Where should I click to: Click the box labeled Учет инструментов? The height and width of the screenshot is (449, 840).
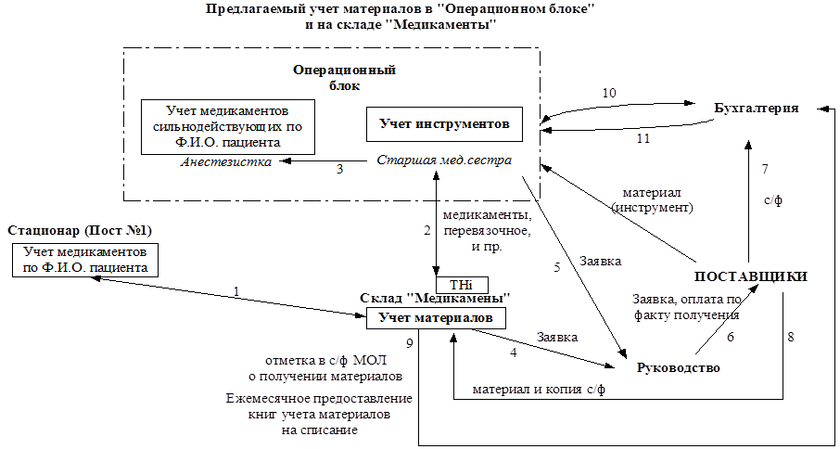[444, 125]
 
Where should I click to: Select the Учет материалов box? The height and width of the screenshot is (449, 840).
[436, 317]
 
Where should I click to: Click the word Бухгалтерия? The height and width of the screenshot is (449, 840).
[757, 109]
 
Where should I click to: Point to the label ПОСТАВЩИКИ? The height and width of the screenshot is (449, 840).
[751, 276]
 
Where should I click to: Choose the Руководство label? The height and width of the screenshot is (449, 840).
[679, 368]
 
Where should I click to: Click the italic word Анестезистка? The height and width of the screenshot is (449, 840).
[226, 161]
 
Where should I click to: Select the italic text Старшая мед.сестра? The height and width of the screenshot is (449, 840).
[444, 161]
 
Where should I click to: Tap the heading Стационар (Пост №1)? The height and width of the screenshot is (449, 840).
[81, 231]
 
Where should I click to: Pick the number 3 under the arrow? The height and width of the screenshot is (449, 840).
[339, 169]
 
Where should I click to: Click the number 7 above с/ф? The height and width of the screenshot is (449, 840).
[765, 170]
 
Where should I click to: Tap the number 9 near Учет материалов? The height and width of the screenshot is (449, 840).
[409, 344]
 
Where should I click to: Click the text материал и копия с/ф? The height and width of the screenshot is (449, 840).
[539, 390]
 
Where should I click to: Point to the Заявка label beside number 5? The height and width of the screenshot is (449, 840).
[601, 262]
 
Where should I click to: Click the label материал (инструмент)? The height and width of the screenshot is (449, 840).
[652, 199]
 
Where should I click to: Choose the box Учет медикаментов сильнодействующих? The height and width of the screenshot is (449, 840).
[228, 127]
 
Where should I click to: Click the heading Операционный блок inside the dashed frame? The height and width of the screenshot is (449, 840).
[345, 78]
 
